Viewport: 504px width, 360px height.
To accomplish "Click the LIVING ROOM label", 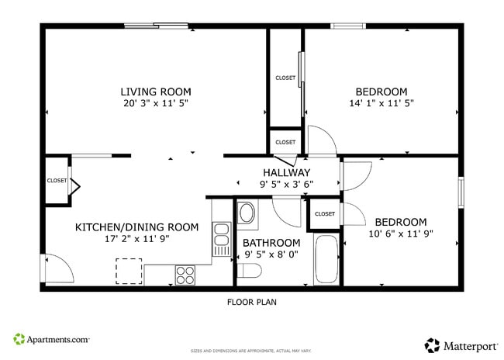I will point(155,92).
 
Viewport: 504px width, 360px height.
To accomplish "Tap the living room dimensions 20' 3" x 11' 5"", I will point(155,103).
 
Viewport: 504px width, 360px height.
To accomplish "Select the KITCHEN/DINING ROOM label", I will point(136,227).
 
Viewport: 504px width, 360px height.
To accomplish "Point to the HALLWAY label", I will point(286,172).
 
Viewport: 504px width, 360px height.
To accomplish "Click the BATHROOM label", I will point(272,242).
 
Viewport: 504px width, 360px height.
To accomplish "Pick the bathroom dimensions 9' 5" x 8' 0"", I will point(272,254).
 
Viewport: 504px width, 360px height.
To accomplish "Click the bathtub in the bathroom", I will point(326,260).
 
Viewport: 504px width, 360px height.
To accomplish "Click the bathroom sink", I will point(247,214).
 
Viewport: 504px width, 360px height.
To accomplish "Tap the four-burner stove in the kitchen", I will point(185,275).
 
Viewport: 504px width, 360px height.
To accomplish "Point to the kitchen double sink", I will point(221,239).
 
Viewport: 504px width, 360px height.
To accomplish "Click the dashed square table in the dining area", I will point(129,270).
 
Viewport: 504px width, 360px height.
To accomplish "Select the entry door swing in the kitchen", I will point(58,268).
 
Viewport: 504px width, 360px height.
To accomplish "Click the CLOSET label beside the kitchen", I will point(57,181).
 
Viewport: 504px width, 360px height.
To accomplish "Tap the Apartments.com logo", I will point(51,339).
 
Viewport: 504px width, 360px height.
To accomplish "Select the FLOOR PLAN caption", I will point(251,302).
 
